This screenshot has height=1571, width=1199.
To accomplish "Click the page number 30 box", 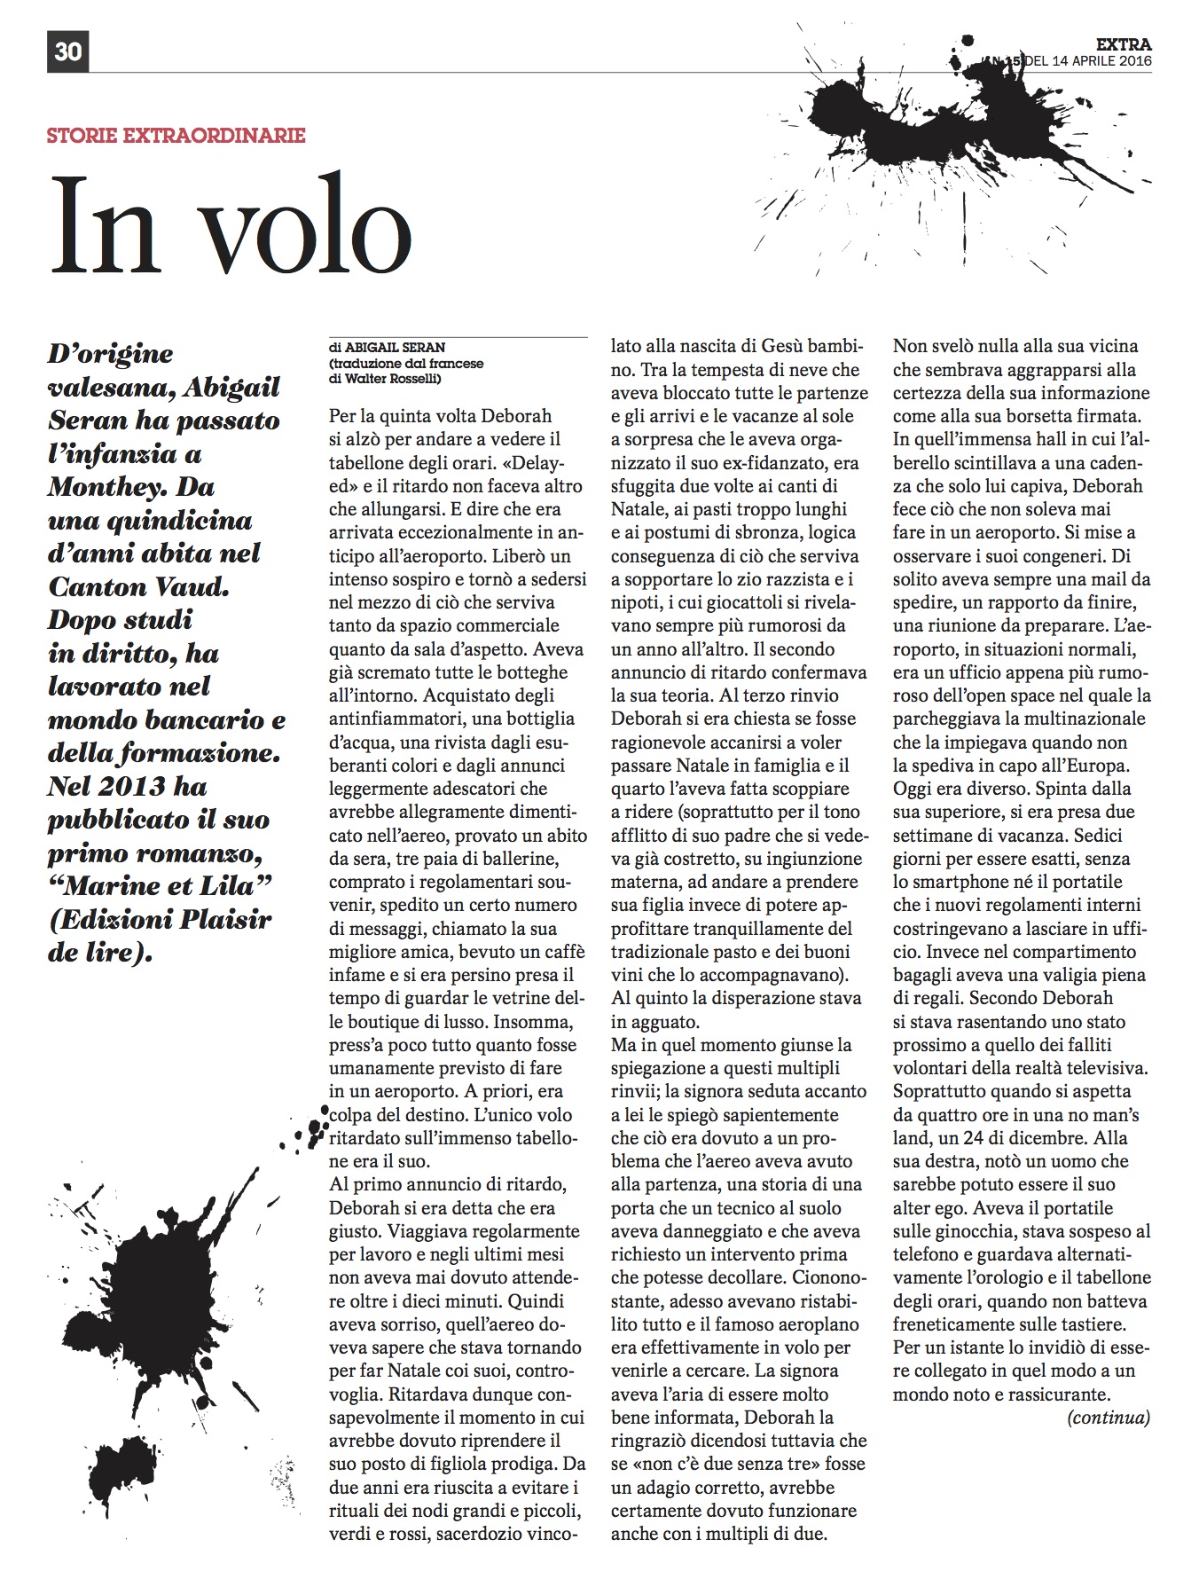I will (x=67, y=51).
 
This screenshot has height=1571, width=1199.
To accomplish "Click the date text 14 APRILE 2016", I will (x=1100, y=61).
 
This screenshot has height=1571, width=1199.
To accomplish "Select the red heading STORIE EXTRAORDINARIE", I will (x=176, y=136).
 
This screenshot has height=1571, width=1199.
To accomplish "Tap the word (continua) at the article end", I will (x=1108, y=1417).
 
